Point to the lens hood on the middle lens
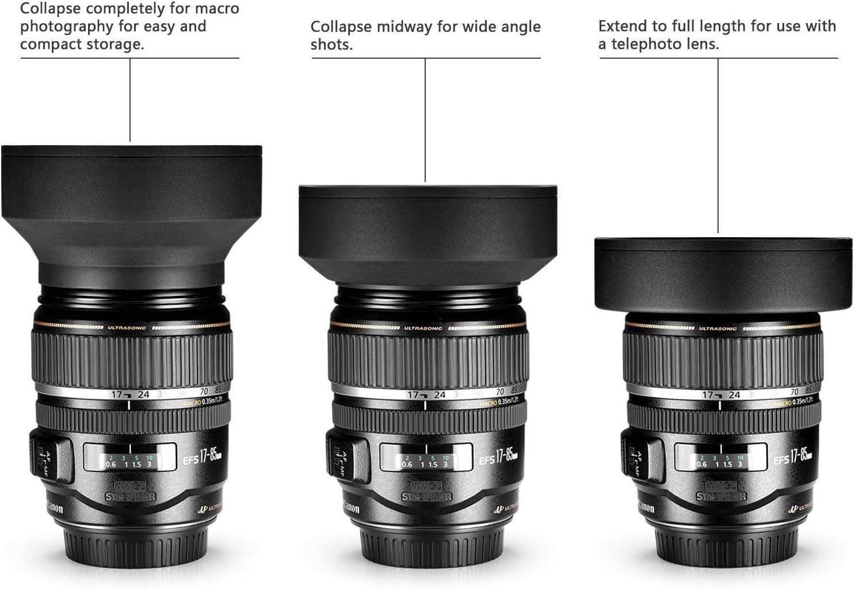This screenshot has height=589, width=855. pyautogui.click(x=427, y=230)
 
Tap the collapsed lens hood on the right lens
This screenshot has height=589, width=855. pyautogui.click(x=723, y=273)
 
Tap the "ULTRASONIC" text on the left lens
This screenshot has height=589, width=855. pyautogui.click(x=127, y=328)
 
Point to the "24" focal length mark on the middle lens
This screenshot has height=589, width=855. pyautogui.click(x=440, y=395)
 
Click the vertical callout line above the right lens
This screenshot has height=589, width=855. pyautogui.click(x=718, y=144)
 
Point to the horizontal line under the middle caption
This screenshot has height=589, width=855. pyautogui.click(x=426, y=58)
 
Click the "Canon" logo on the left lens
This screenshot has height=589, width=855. pyautogui.click(x=52, y=507)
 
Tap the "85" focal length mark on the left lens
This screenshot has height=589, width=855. pyautogui.click(x=217, y=390)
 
